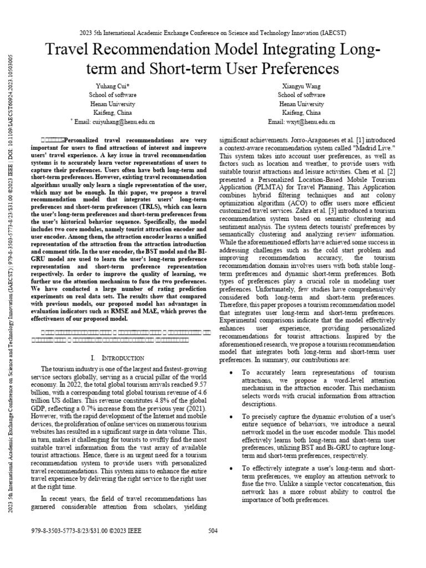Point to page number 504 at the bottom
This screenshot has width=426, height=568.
(x=213, y=531)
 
